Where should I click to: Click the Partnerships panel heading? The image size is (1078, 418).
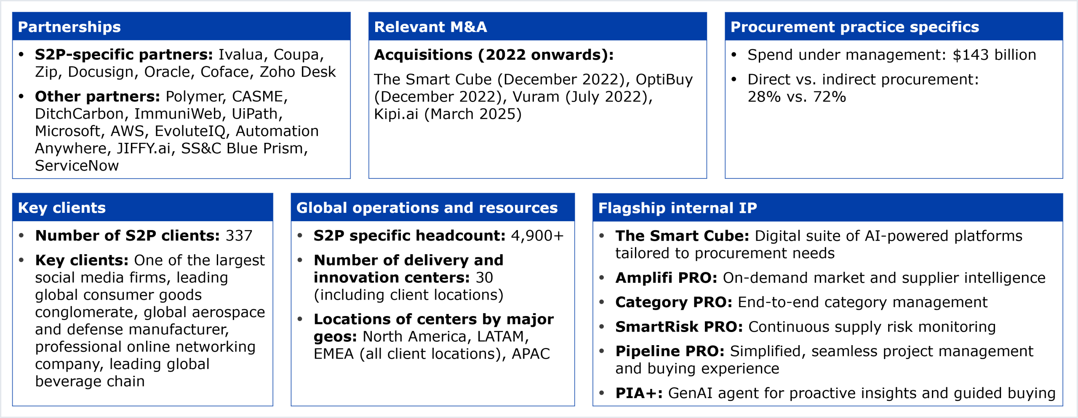tap(69, 27)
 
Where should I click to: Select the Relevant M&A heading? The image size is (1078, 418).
tap(430, 27)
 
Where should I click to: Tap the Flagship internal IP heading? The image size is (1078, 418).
tap(678, 208)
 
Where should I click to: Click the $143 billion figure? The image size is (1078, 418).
tap(994, 55)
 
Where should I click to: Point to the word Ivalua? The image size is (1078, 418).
tap(241, 55)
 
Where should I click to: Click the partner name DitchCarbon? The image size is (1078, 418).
tap(80, 114)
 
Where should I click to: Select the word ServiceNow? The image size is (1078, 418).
tap(77, 166)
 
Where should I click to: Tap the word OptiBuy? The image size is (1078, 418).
tap(664, 80)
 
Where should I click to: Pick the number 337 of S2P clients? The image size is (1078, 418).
tap(239, 236)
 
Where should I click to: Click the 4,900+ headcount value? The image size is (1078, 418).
tap(537, 236)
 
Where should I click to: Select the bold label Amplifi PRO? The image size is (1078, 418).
tap(666, 278)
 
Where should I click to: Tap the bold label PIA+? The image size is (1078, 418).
tap(639, 393)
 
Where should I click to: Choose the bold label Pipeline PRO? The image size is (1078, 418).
tap(670, 351)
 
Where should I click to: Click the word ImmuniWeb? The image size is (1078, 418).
tap(178, 114)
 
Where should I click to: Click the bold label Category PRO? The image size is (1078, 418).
tap(674, 302)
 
